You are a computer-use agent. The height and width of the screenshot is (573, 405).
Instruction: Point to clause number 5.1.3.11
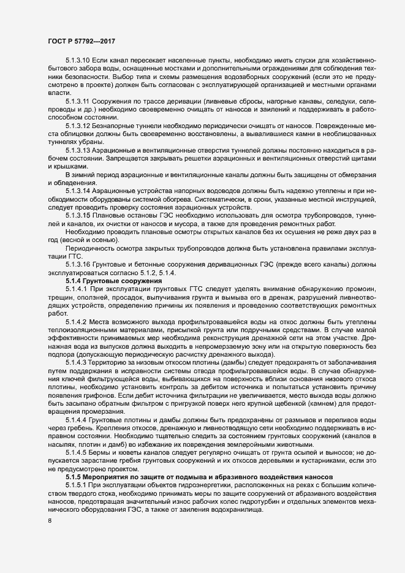[78, 100]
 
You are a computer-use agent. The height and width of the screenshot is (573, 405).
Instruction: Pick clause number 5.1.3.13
[78, 150]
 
